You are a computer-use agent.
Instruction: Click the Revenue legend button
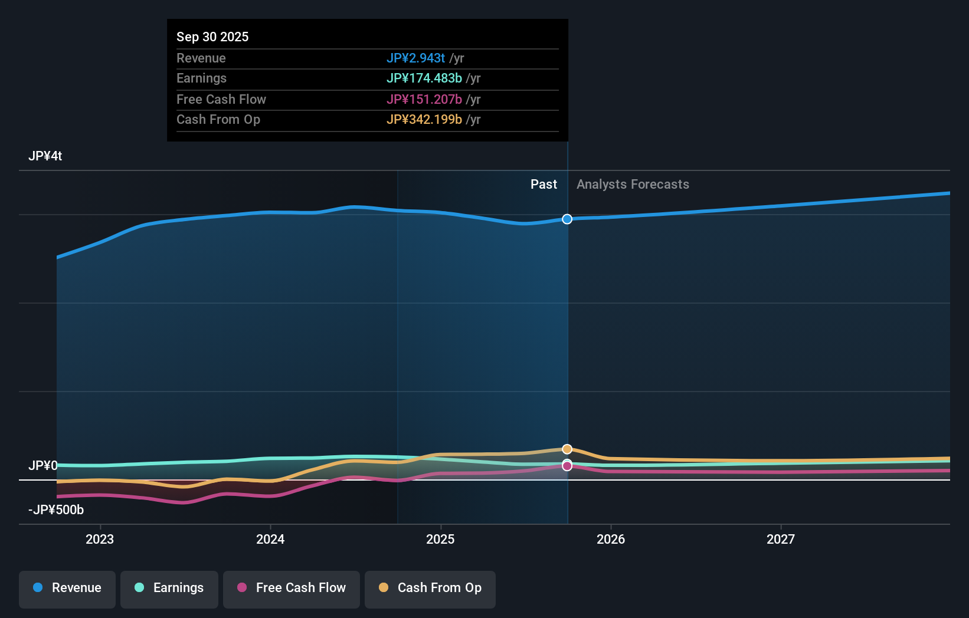67,589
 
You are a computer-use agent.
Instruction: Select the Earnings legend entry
169,589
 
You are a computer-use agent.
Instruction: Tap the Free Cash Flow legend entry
292,589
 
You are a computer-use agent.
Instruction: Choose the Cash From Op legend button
430,589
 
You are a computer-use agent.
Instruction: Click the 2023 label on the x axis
100,539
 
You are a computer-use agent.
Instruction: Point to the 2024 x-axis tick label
270,539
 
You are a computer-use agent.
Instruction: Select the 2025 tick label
440,539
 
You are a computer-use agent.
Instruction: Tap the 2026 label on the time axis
611,539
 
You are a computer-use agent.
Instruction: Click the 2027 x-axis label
781,539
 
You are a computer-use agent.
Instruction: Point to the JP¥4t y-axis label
45,156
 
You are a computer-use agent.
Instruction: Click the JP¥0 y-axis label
43,466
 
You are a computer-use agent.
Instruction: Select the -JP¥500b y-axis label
56,510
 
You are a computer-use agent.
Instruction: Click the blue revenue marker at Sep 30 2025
567,219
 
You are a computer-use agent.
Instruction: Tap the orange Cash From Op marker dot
567,449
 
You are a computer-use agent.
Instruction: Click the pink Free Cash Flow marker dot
567,466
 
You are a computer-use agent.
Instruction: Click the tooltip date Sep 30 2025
212,37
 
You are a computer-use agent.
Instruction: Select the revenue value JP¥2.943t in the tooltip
415,58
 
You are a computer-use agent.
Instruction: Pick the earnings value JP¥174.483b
424,78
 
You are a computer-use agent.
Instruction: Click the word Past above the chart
544,185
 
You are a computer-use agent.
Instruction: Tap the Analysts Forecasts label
633,185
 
